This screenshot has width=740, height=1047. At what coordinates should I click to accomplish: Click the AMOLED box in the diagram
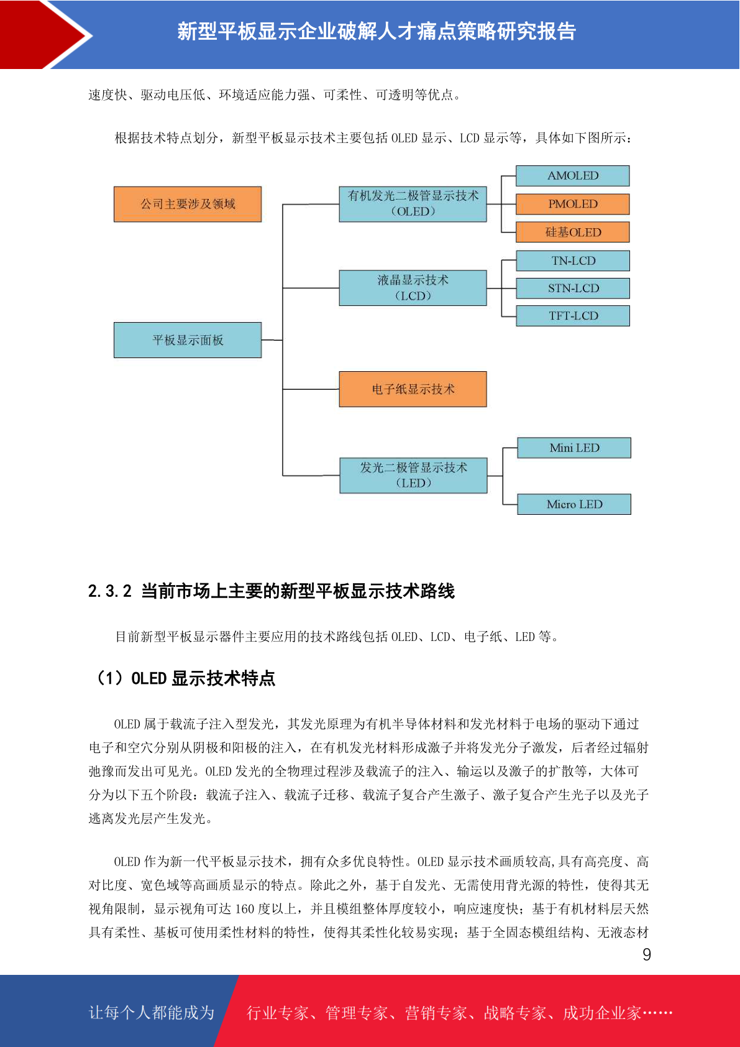(x=572, y=176)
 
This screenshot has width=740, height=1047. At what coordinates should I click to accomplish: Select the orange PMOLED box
(x=572, y=204)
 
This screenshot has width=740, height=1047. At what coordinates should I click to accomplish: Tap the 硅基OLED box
(x=572, y=232)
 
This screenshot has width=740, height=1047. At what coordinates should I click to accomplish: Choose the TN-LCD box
(x=572, y=261)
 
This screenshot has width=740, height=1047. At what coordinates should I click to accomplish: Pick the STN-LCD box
(x=572, y=288)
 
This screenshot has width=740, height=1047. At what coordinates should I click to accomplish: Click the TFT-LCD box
(x=572, y=315)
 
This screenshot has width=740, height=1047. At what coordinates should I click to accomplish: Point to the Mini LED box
(x=573, y=448)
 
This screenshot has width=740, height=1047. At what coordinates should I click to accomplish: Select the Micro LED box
(x=573, y=504)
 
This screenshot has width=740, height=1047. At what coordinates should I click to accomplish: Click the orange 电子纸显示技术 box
(x=413, y=389)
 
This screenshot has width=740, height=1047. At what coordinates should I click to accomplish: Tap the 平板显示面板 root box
(x=188, y=340)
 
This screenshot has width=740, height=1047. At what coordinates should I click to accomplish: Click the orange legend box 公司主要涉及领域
(x=188, y=204)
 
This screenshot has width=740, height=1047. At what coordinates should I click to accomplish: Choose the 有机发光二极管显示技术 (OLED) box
(x=413, y=204)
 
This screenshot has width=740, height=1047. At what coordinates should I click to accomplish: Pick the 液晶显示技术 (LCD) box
(x=413, y=288)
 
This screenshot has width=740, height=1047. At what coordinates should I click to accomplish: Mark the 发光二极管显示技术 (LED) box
(x=413, y=476)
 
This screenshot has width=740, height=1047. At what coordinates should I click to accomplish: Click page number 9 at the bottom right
(x=647, y=955)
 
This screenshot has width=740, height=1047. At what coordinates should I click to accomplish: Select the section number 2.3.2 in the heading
(x=110, y=591)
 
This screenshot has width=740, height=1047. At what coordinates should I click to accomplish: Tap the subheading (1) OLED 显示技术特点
(x=185, y=678)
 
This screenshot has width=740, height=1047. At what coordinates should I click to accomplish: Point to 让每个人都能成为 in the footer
(x=152, y=1013)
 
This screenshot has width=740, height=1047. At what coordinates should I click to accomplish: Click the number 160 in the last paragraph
(x=245, y=909)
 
